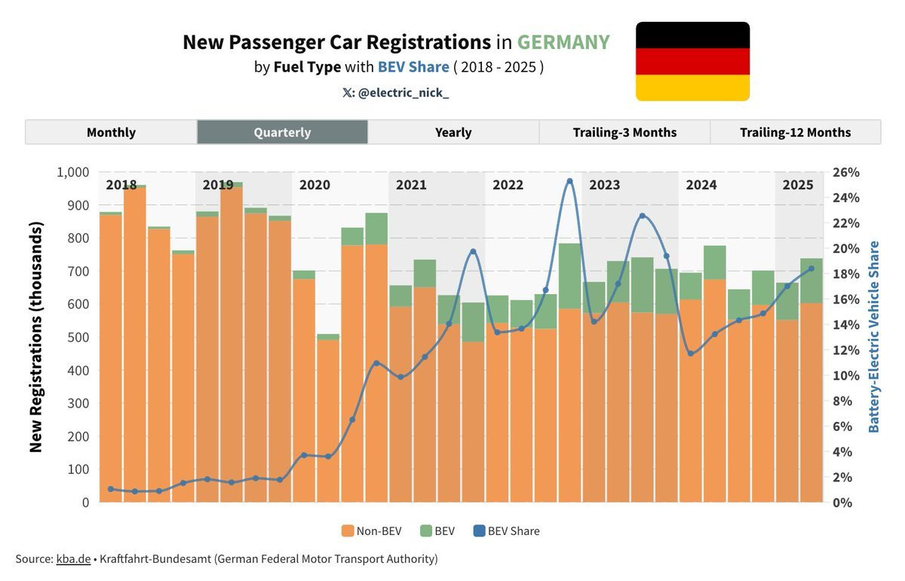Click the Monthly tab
coord(111,132)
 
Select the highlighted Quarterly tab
coord(282,132)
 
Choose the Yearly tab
coord(453,132)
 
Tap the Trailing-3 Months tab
coord(624,132)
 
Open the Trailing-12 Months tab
coord(795,132)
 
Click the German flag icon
coord(692,61)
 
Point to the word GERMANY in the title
coord(563,42)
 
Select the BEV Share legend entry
coord(506,530)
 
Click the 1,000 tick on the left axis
coord(72,172)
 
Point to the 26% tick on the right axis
coord(845,172)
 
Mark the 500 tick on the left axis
coord(78,337)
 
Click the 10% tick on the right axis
coord(845,376)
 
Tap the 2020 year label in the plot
coord(314,185)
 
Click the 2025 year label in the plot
coord(797,185)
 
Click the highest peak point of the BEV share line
coord(569,181)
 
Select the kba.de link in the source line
coord(73,559)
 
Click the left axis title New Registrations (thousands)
coord(35,337)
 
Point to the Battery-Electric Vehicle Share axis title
coord(873,337)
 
